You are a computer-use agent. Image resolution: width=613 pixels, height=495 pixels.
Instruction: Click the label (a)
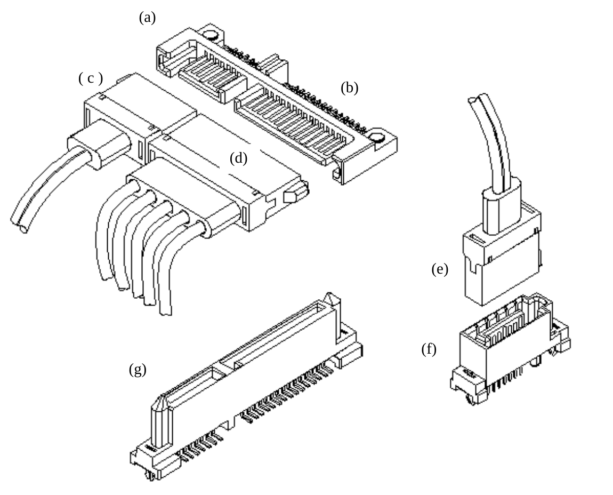(x=147, y=18)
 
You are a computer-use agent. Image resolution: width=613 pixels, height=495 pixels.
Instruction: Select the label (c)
(x=91, y=78)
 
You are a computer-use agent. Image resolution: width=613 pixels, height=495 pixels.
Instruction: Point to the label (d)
(x=238, y=158)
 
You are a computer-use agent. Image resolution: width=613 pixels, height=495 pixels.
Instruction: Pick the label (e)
(x=440, y=269)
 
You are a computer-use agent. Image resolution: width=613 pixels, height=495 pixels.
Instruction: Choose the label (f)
(x=429, y=349)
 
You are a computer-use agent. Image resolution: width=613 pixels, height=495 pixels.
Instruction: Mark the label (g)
(x=138, y=370)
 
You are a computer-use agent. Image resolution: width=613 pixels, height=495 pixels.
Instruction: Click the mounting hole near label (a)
(x=210, y=35)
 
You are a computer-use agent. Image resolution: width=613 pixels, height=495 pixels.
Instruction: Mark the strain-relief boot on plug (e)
(x=501, y=209)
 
